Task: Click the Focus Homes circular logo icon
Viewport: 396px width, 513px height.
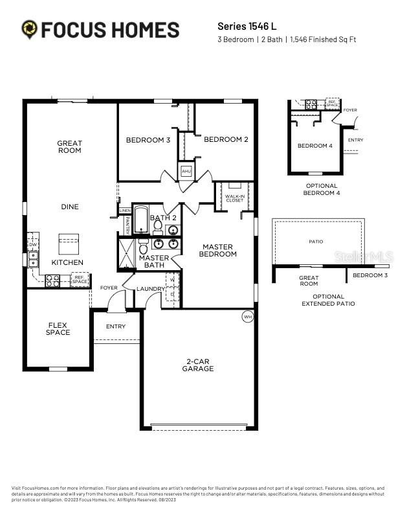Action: [x=30, y=29]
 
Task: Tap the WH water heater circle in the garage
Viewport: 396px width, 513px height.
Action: [x=247, y=317]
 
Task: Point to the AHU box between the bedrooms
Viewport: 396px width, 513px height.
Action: [x=186, y=171]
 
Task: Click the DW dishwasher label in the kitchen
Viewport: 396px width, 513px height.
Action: [x=32, y=244]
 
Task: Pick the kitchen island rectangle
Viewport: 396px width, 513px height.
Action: [x=69, y=244]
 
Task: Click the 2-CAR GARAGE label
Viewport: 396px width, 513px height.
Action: [x=198, y=365]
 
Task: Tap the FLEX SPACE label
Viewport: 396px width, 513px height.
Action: [x=58, y=328]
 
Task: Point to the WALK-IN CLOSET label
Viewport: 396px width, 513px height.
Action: [x=234, y=198]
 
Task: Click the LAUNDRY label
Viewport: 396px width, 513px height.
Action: [x=150, y=288]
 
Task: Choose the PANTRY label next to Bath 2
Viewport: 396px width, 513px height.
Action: [x=127, y=224]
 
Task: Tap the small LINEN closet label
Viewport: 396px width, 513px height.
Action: [x=125, y=211]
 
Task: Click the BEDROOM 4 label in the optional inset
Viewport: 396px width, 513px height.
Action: [x=314, y=146]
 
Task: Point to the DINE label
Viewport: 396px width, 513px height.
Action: [x=69, y=207]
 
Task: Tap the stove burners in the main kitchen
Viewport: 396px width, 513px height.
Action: [x=52, y=280]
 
